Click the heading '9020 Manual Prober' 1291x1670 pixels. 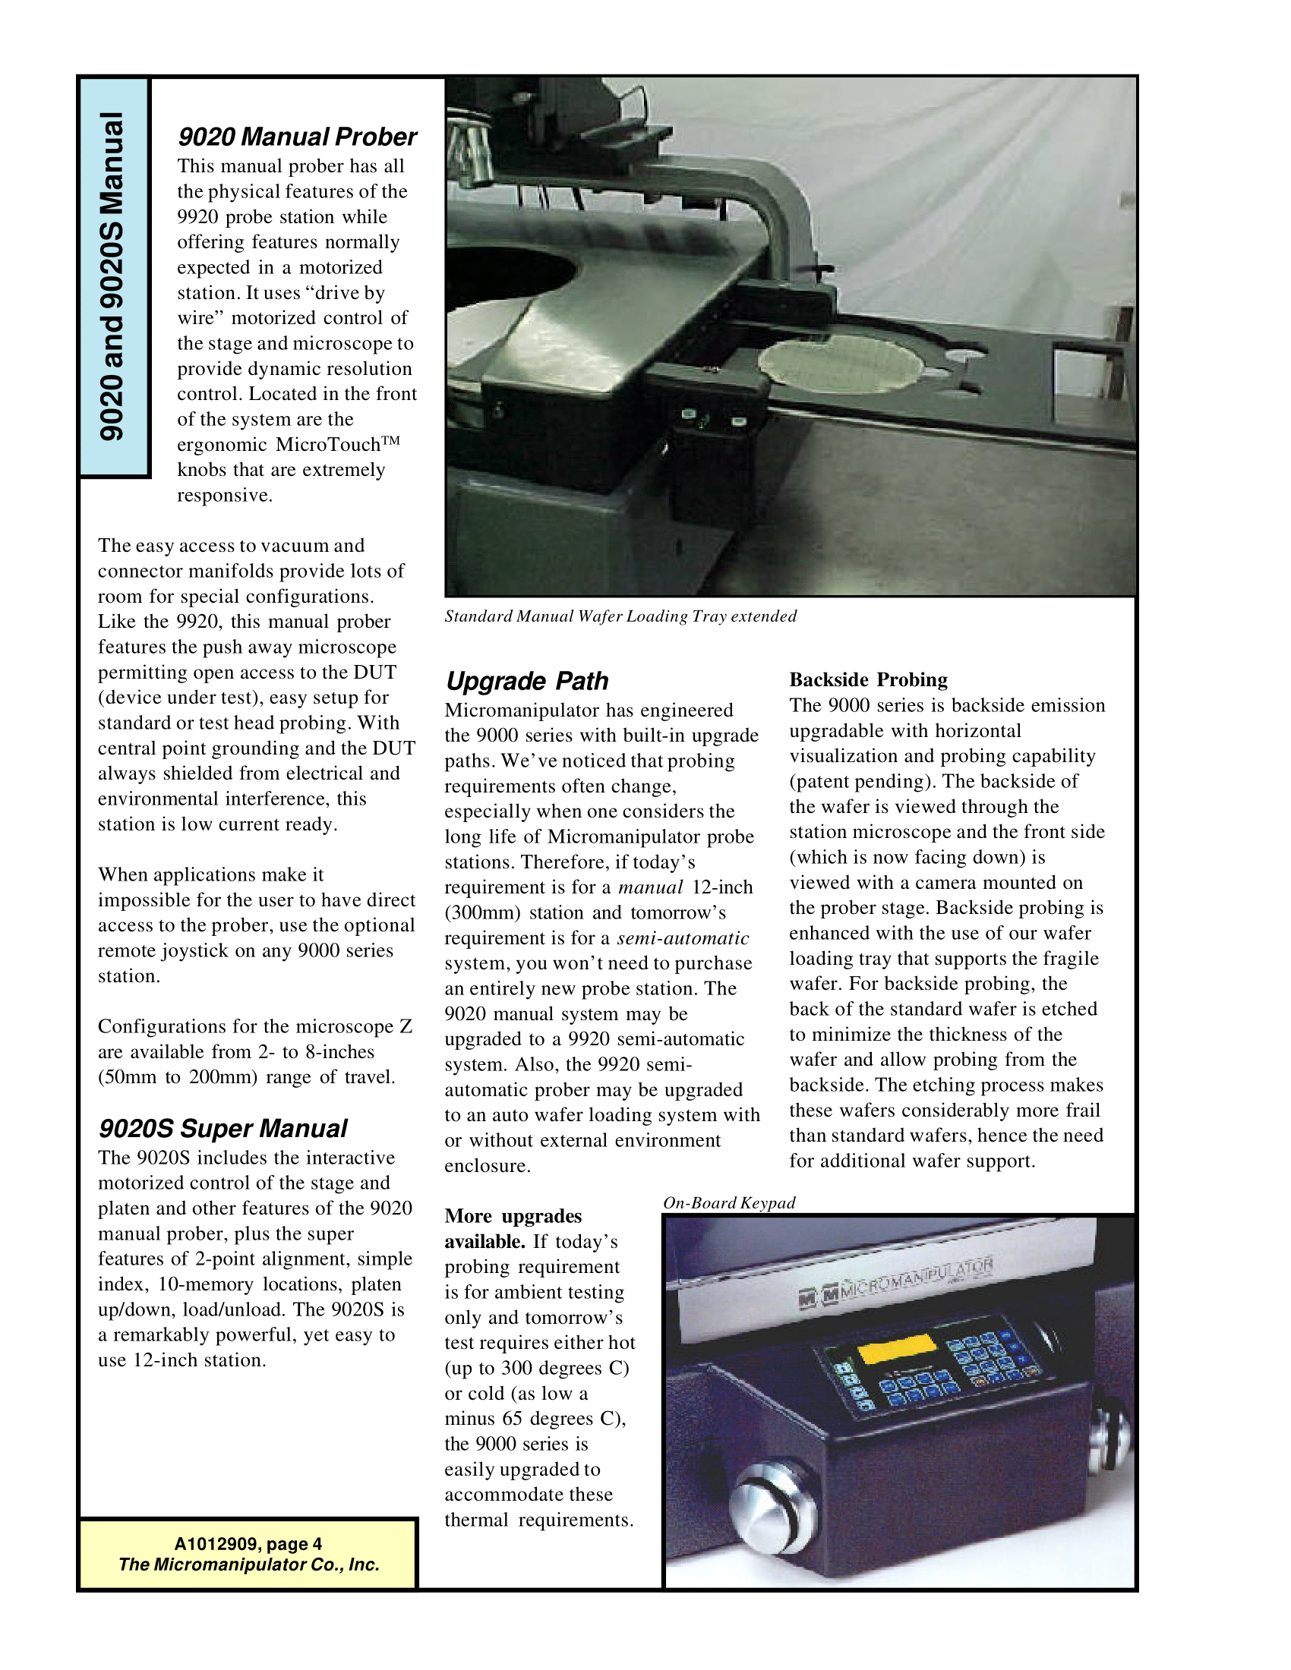point(297,137)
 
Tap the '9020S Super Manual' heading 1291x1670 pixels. point(223,1129)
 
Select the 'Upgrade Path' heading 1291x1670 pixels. point(527,681)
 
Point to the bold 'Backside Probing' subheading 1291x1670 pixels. point(868,680)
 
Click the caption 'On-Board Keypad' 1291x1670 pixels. point(729,1203)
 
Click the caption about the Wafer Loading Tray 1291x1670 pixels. point(620,616)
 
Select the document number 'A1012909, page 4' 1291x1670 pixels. point(248,1544)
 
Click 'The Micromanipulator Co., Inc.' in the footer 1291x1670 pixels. point(248,1564)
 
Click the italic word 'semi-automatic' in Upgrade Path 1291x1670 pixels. point(683,938)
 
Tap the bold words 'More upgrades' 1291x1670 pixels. point(513,1217)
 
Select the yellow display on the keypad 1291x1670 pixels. point(898,1348)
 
